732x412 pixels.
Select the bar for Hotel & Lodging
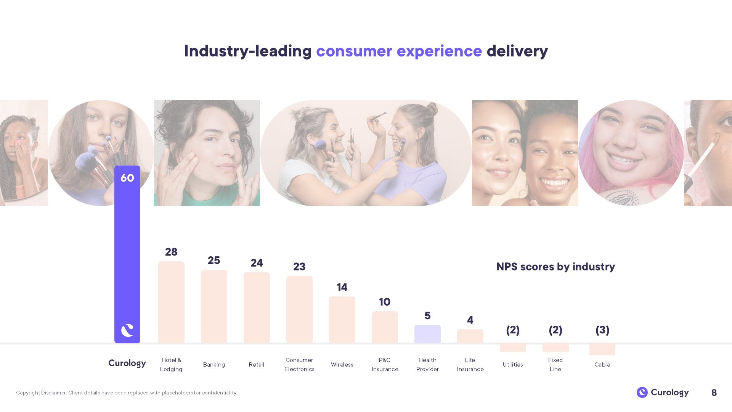(171, 302)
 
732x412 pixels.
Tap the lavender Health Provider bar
(427, 334)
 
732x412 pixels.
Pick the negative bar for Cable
(602, 349)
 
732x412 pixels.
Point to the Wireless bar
(342, 319)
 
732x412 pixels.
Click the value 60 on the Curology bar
(127, 178)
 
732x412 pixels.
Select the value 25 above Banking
(214, 260)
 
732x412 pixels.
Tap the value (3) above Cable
(602, 330)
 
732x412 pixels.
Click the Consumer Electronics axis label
(299, 365)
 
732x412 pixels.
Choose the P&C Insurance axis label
(385, 365)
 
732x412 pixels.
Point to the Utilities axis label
(513, 365)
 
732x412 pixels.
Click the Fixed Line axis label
(555, 365)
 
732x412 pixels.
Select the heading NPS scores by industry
(555, 267)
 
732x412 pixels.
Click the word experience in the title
(439, 51)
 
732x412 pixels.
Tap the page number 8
(714, 393)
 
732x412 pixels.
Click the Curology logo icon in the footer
(642, 392)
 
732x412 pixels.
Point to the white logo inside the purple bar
(127, 330)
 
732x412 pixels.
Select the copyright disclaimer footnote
(127, 393)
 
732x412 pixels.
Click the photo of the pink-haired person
(631, 153)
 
